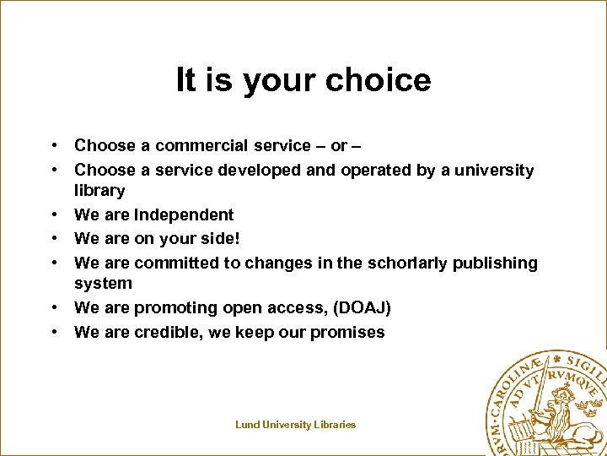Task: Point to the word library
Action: pos(99,191)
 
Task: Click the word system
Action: pos(103,284)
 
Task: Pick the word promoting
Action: pos(176,308)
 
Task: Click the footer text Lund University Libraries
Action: pos(295,425)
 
